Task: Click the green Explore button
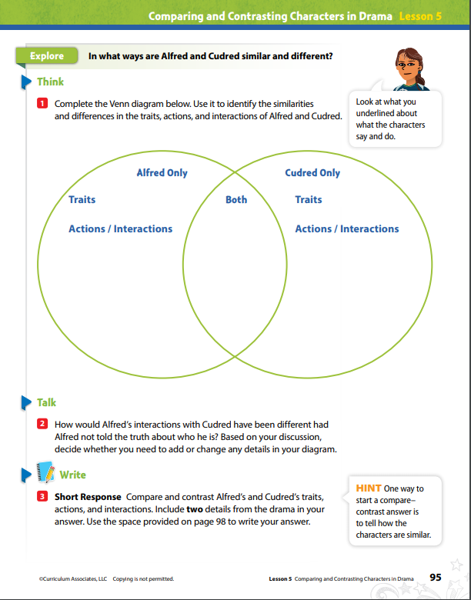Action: coord(47,56)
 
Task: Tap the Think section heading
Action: coord(50,82)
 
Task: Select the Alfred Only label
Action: coord(162,173)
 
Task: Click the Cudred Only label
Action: coord(312,173)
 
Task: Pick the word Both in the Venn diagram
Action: coord(236,199)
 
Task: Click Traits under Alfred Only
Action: coord(82,199)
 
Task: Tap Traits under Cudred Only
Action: coord(309,199)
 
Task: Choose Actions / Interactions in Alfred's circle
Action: coord(121,228)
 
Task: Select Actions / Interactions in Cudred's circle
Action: coord(347,228)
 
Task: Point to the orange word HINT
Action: coord(369,488)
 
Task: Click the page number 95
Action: coord(436,578)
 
